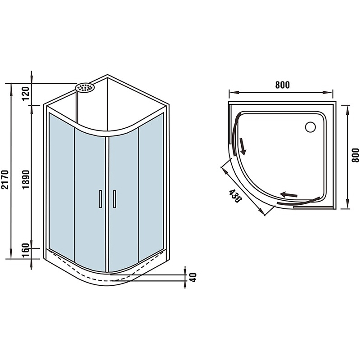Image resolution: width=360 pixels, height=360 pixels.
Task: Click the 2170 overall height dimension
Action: click(x=5, y=179)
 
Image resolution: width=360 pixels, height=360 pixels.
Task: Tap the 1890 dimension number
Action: click(x=26, y=179)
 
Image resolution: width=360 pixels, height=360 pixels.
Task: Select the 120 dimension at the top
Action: click(x=26, y=94)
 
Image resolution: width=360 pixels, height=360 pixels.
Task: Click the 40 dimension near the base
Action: click(x=193, y=277)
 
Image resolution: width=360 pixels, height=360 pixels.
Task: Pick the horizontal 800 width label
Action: click(x=283, y=85)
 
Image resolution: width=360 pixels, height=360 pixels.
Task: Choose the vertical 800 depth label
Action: click(x=355, y=155)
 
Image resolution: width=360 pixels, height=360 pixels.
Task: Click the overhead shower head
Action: click(x=85, y=87)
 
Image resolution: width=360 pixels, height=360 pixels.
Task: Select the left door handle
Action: click(x=100, y=199)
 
